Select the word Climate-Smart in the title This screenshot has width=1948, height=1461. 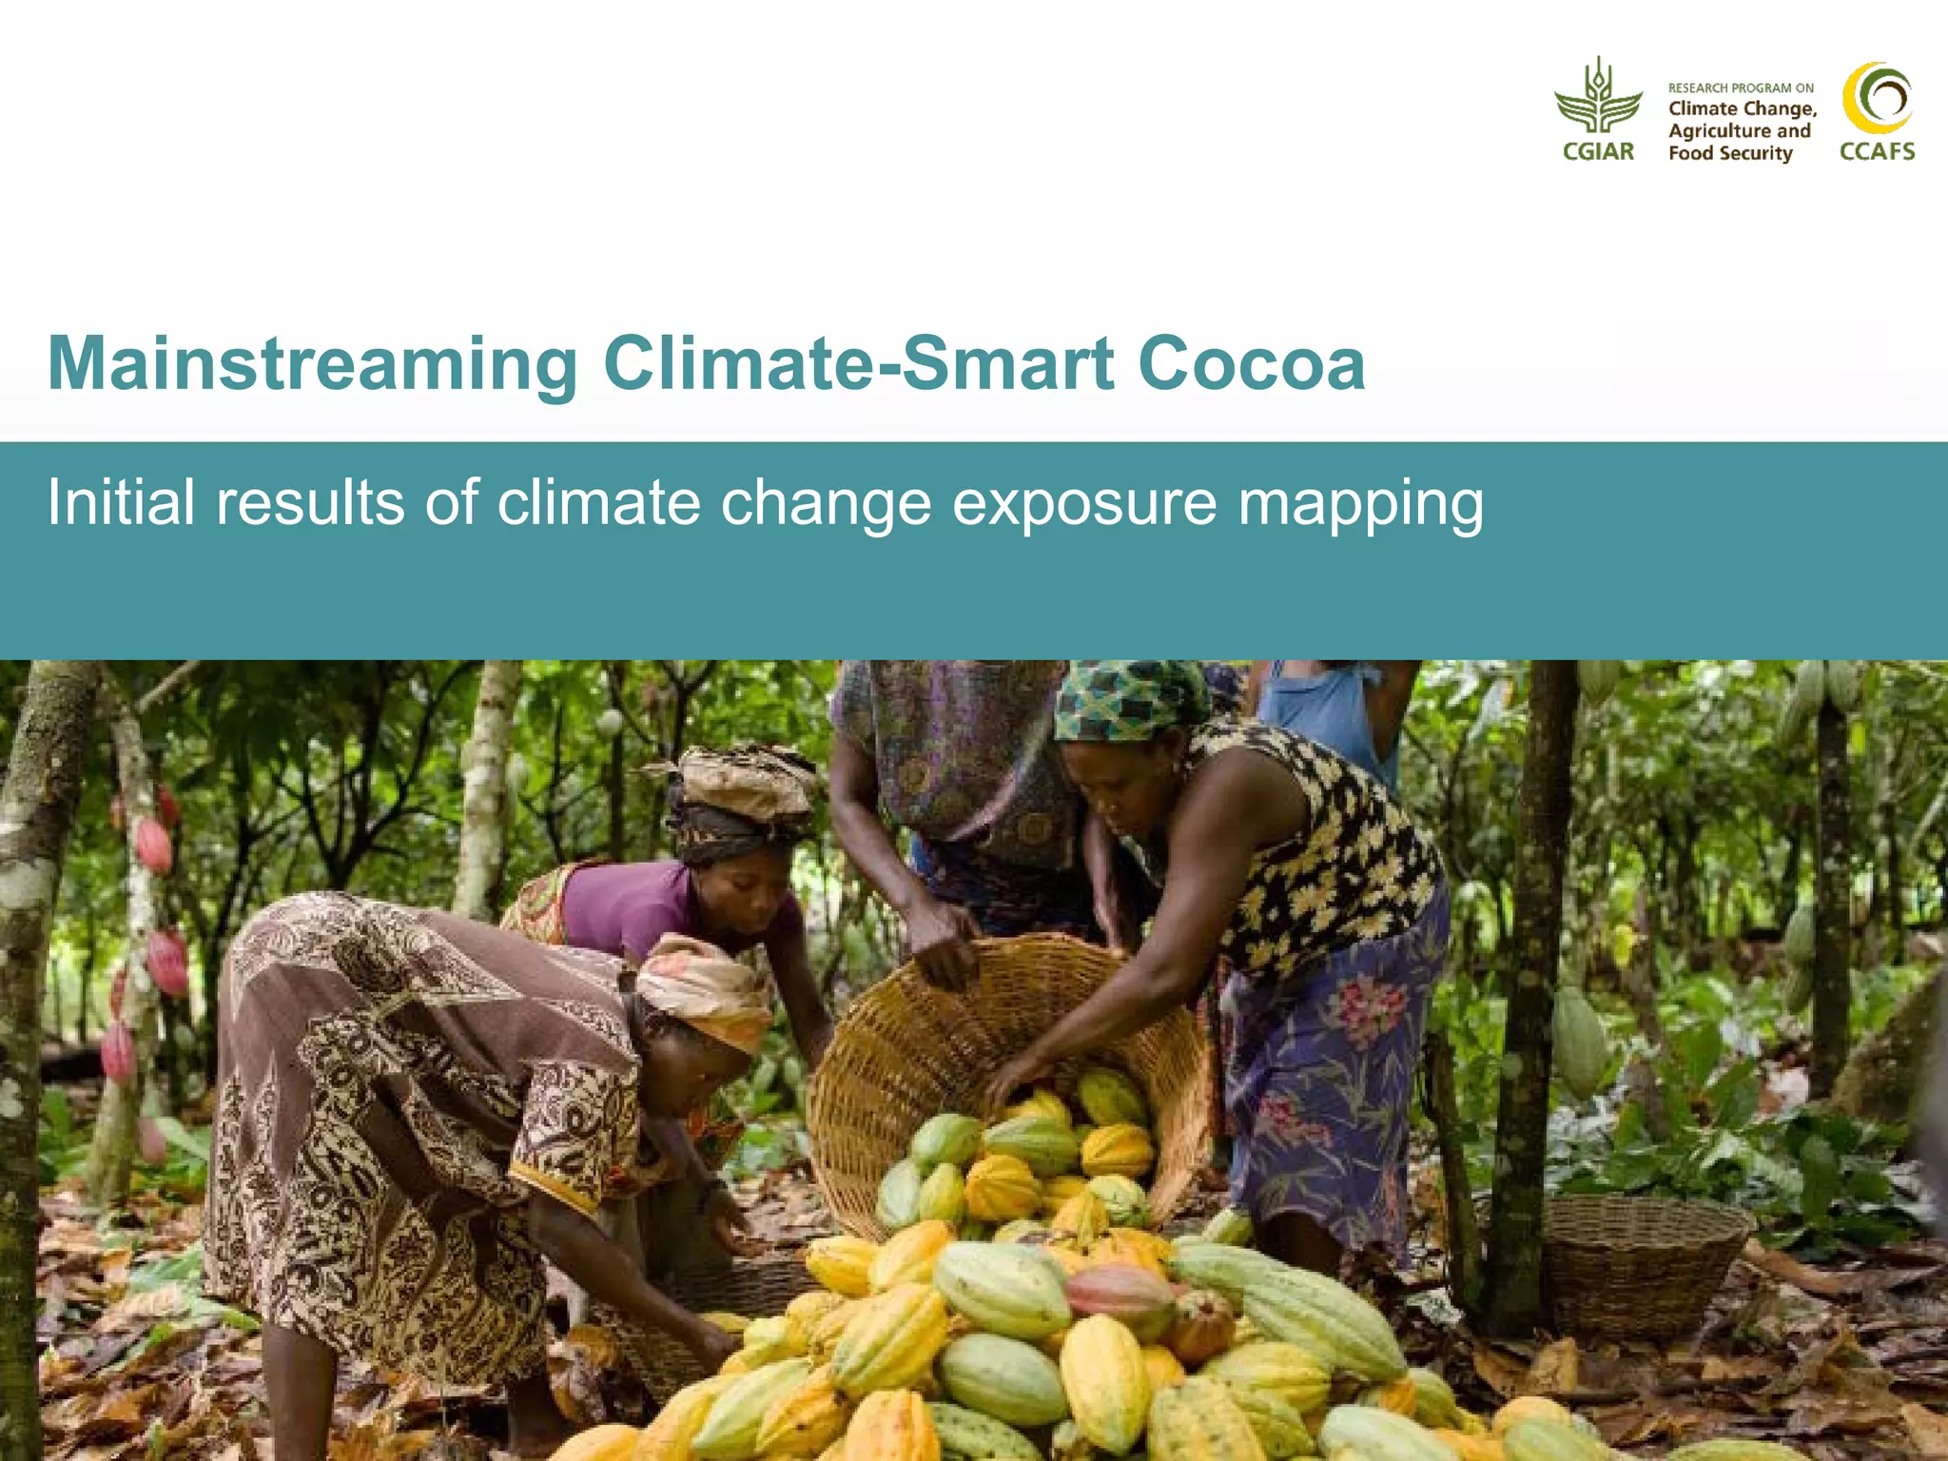pyautogui.click(x=858, y=364)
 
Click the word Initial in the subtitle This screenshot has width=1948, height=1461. pyautogui.click(x=121, y=502)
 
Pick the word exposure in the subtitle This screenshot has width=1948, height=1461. pyautogui.click(x=1084, y=504)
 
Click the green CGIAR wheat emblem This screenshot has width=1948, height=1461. pyautogui.click(x=1598, y=97)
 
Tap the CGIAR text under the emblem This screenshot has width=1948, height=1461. pyautogui.click(x=1598, y=151)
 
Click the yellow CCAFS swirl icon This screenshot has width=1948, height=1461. pyautogui.click(x=1877, y=98)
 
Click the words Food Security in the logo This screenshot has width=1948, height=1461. pyautogui.click(x=1730, y=153)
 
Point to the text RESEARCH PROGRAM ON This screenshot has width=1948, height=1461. pyautogui.click(x=1741, y=88)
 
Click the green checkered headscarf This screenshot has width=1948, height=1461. pyautogui.click(x=1127, y=699)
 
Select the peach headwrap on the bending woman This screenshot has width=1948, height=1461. pyautogui.click(x=704, y=989)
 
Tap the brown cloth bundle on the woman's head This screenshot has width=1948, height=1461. pyautogui.click(x=747, y=780)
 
